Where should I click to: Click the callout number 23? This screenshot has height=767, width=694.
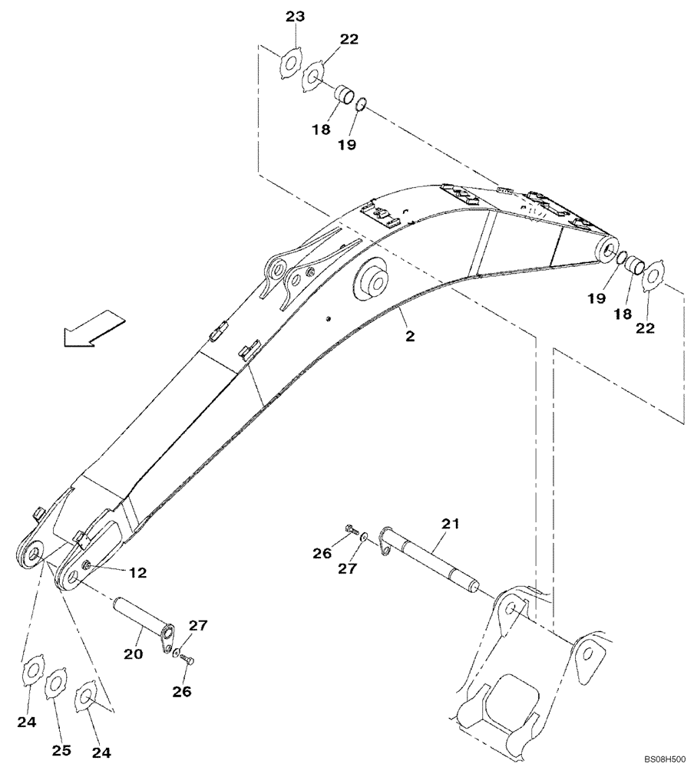coord(296,18)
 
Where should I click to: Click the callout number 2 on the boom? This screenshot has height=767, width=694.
coord(410,335)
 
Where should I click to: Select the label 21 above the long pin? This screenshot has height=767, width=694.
coord(450,524)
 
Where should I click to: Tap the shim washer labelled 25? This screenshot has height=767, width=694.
coord(56,683)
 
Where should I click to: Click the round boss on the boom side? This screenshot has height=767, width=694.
coord(372,281)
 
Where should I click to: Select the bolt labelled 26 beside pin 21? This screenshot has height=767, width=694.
coord(352,529)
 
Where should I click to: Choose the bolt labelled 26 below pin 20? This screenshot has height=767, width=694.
coord(190,659)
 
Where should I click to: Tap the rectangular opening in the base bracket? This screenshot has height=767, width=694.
coord(512,697)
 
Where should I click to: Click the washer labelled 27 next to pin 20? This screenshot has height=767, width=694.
coord(178,653)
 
